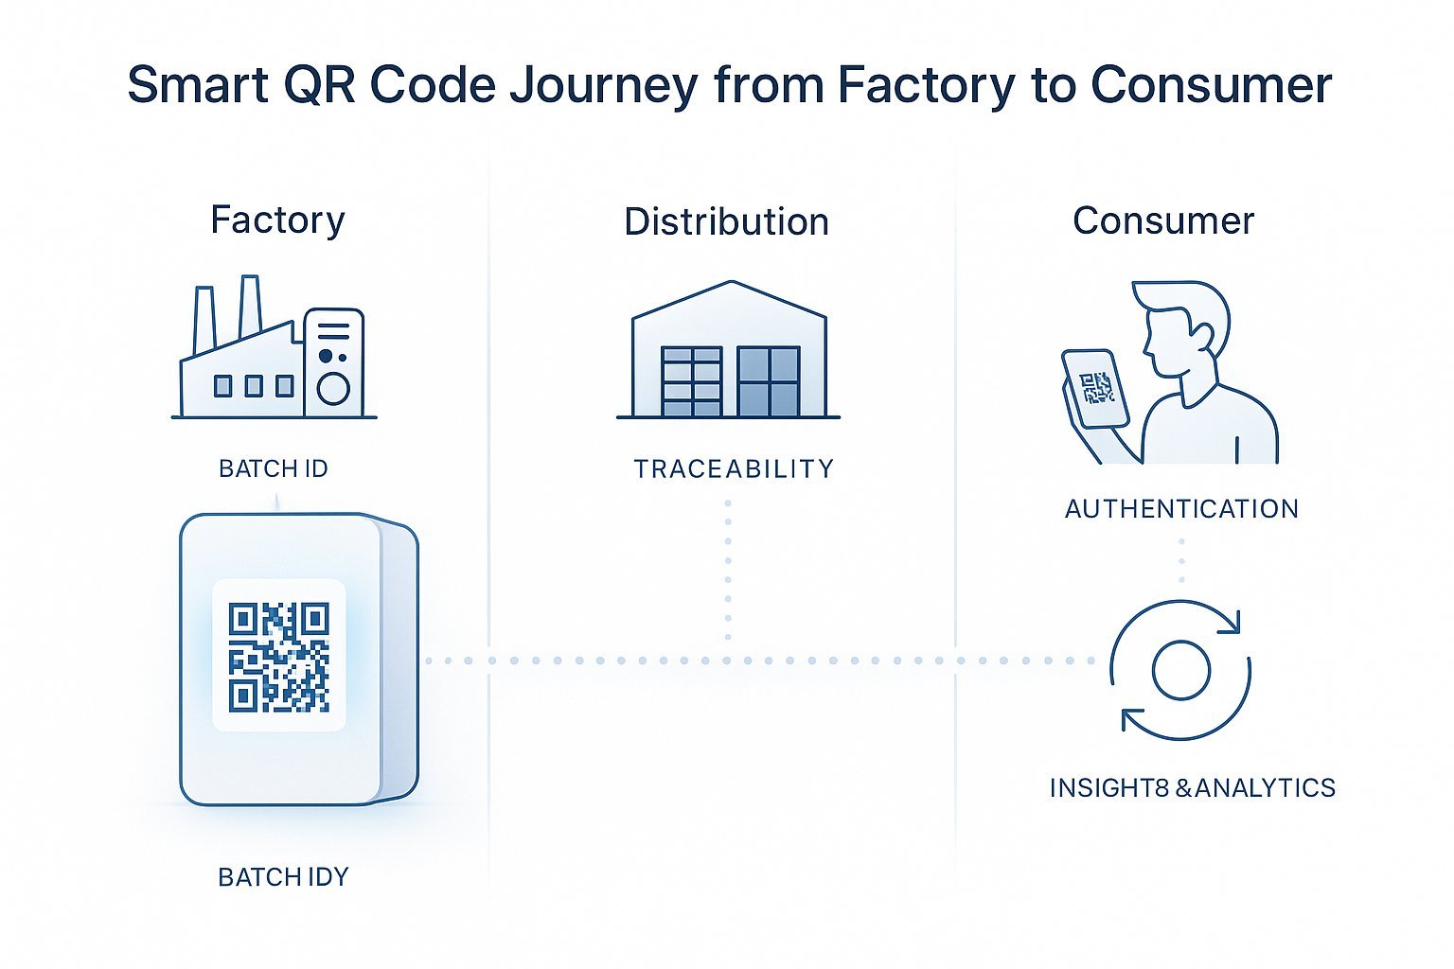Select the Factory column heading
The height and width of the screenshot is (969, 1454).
pos(277,220)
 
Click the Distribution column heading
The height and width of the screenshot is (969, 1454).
pos(726,221)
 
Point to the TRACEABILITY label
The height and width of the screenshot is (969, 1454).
pos(734,468)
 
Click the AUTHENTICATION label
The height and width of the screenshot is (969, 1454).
pos(1181,509)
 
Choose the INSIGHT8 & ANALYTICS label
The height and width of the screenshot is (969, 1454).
pos(1192,787)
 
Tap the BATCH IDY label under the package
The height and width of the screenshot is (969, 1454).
pos(283,877)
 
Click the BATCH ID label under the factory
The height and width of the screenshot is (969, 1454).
pos(273,468)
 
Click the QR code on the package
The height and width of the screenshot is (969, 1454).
pos(279,657)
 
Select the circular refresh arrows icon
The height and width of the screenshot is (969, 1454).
pos(1180,670)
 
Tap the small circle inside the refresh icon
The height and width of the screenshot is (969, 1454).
pos(1180,670)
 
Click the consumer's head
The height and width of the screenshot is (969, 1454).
pos(1183,326)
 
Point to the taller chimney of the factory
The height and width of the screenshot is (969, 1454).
pos(250,305)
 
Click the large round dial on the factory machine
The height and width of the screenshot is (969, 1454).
pos(333,388)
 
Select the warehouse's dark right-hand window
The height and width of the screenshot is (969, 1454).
pos(768,381)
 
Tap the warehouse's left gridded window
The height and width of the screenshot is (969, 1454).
pos(691,381)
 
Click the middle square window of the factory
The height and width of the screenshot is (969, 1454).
pos(254,386)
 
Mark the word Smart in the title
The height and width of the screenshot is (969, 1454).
pos(198,85)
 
